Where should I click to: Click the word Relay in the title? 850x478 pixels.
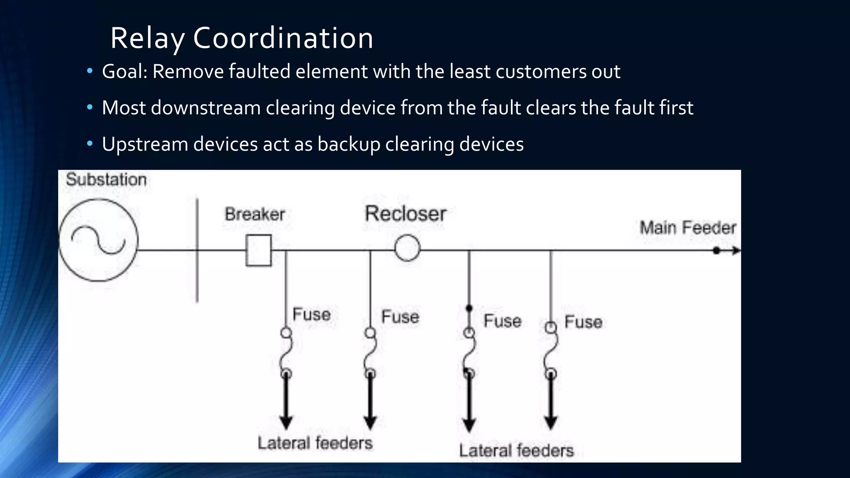pyautogui.click(x=147, y=38)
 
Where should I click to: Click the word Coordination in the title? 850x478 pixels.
pyautogui.click(x=283, y=38)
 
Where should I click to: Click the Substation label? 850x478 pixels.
pyautogui.click(x=106, y=180)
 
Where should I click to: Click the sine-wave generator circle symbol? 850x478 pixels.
pyautogui.click(x=98, y=240)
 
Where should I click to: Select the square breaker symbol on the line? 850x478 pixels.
pyautogui.click(x=259, y=250)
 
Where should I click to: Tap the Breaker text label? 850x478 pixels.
pyautogui.click(x=255, y=215)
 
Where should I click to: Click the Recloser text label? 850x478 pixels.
pyautogui.click(x=405, y=214)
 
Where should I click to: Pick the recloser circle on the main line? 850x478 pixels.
pyautogui.click(x=407, y=248)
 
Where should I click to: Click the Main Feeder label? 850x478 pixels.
pyautogui.click(x=688, y=228)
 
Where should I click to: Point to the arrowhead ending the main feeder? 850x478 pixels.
pyautogui.click(x=736, y=251)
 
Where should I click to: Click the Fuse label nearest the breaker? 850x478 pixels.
pyautogui.click(x=311, y=314)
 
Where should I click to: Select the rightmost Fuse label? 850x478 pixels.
pyautogui.click(x=583, y=322)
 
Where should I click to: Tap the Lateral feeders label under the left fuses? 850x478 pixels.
pyautogui.click(x=315, y=443)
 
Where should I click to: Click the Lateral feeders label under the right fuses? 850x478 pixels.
pyautogui.click(x=516, y=451)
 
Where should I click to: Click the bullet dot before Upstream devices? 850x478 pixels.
pyautogui.click(x=90, y=144)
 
